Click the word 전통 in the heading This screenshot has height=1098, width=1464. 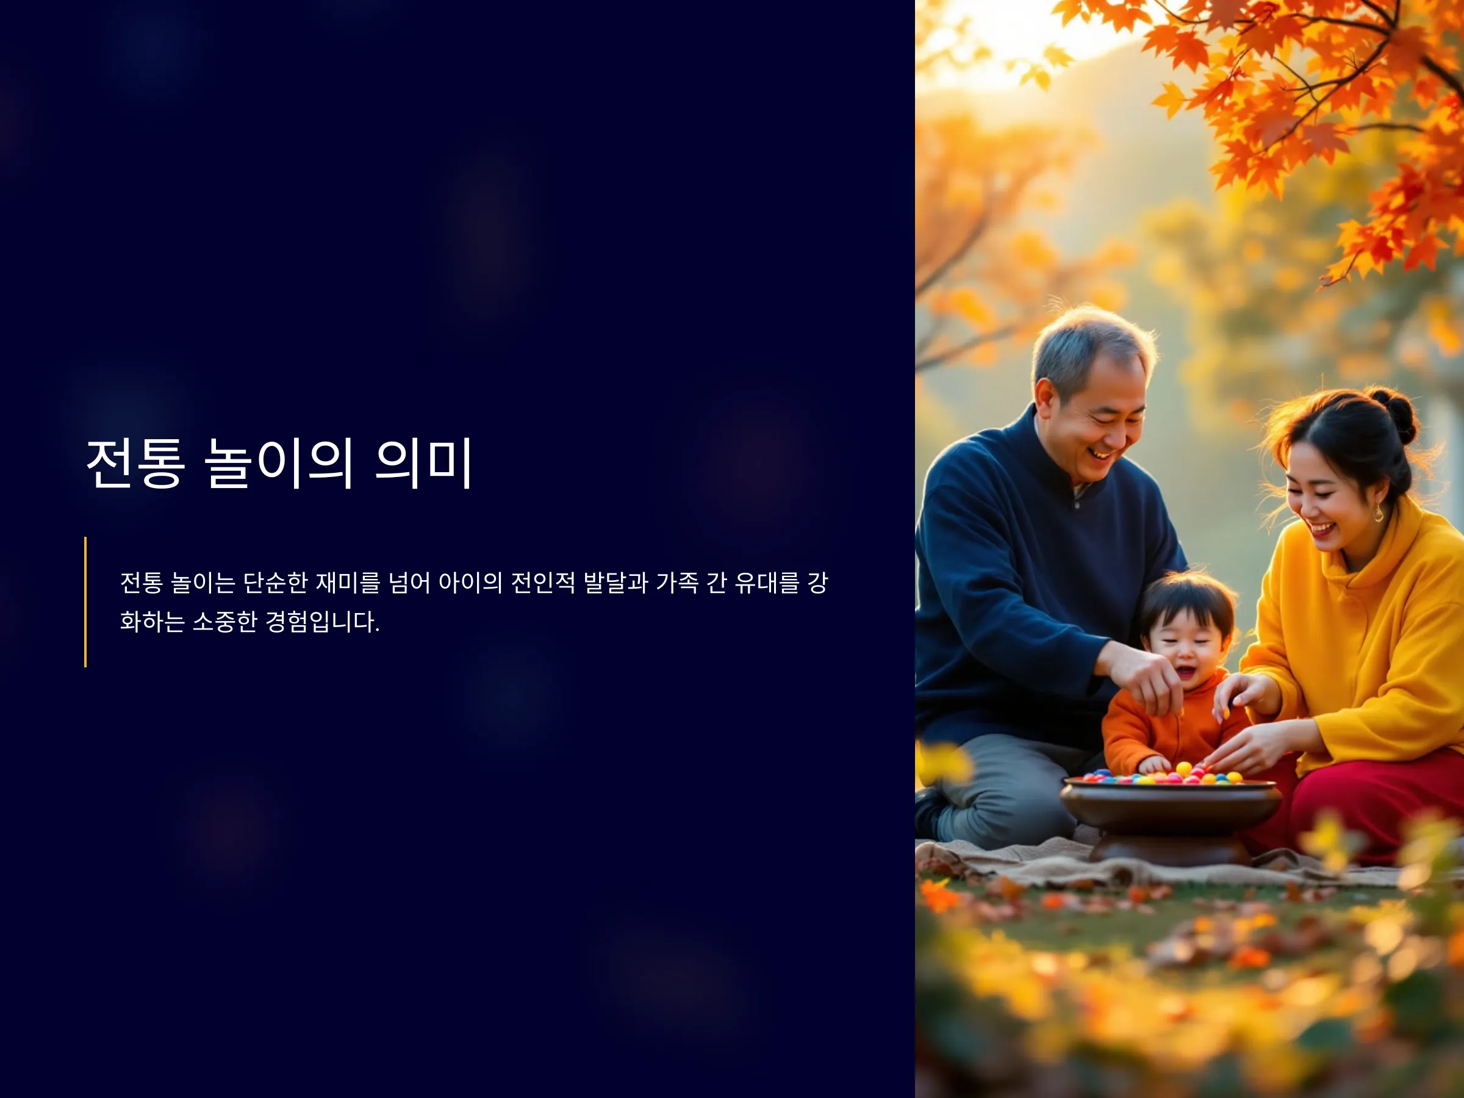(135, 463)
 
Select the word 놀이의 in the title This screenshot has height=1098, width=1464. (278, 463)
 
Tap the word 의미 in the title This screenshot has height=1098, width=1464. (423, 463)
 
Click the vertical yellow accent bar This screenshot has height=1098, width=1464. (85, 601)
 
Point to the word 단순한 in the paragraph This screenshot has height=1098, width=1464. (275, 583)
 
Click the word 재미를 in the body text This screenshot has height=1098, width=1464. (348, 583)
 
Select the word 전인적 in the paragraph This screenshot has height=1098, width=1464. (544, 583)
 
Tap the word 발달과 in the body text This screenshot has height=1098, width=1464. (615, 583)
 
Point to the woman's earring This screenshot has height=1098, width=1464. (1379, 512)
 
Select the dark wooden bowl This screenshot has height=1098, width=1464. (1170, 820)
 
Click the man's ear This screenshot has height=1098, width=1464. (1045, 398)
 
